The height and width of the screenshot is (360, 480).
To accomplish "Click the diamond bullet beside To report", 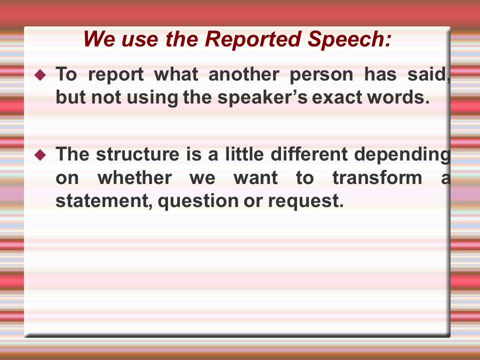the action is tap(40, 74).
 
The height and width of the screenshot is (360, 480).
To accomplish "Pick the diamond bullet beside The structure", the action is tap(40, 154).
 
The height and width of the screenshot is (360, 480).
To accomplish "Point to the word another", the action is tap(243, 74).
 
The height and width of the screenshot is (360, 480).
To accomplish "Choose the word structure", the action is tap(137, 154).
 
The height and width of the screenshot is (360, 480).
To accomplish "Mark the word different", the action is tap(309, 153).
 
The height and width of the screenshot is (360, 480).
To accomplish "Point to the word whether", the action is tap(134, 177).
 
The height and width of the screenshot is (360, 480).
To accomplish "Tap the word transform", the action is tap(377, 177).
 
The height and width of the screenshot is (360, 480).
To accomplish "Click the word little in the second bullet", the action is tap(244, 153).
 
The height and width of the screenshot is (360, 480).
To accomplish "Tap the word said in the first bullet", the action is tap(428, 74).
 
